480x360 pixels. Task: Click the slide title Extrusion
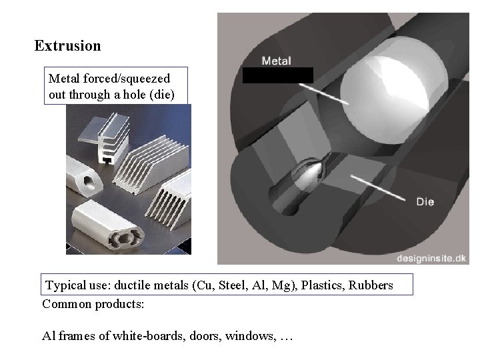click(x=67, y=46)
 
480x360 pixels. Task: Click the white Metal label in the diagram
click(x=276, y=61)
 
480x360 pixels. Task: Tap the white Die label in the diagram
click(x=425, y=201)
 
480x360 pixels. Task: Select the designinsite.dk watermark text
click(x=431, y=257)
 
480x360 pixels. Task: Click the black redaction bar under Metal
click(x=277, y=75)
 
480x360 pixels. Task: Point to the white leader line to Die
click(x=380, y=188)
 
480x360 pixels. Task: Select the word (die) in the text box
click(x=163, y=94)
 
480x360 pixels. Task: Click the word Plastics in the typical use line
click(x=323, y=285)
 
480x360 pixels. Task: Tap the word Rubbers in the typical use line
click(x=371, y=285)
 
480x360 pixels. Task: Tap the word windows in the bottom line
click(x=249, y=335)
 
